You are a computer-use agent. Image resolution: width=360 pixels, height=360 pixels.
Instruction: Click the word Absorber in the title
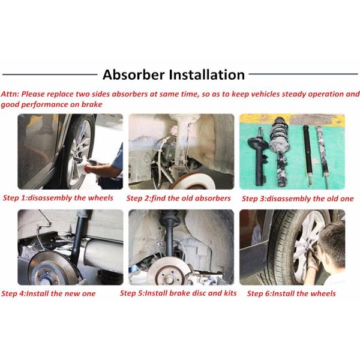click(134, 74)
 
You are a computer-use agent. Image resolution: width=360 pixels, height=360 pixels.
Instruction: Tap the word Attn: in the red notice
click(10, 94)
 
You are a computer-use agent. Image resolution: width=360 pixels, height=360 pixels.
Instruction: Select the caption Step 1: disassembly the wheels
click(58, 198)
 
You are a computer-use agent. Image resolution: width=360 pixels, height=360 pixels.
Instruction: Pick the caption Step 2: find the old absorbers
click(178, 199)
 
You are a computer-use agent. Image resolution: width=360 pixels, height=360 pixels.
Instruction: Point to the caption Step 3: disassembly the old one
click(298, 199)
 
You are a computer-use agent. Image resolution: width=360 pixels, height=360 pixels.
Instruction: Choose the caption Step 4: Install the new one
click(49, 293)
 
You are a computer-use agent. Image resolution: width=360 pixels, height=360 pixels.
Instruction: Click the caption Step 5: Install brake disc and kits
click(178, 293)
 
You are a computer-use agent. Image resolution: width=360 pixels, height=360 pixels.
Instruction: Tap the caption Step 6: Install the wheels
click(292, 293)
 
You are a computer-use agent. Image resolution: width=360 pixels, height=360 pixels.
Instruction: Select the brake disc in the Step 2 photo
click(194, 181)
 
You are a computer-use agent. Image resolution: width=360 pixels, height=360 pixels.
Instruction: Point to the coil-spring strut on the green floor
click(278, 151)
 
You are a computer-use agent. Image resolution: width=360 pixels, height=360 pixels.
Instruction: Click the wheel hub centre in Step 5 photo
click(169, 278)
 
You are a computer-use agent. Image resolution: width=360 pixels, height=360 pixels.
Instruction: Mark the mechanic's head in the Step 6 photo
click(332, 244)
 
